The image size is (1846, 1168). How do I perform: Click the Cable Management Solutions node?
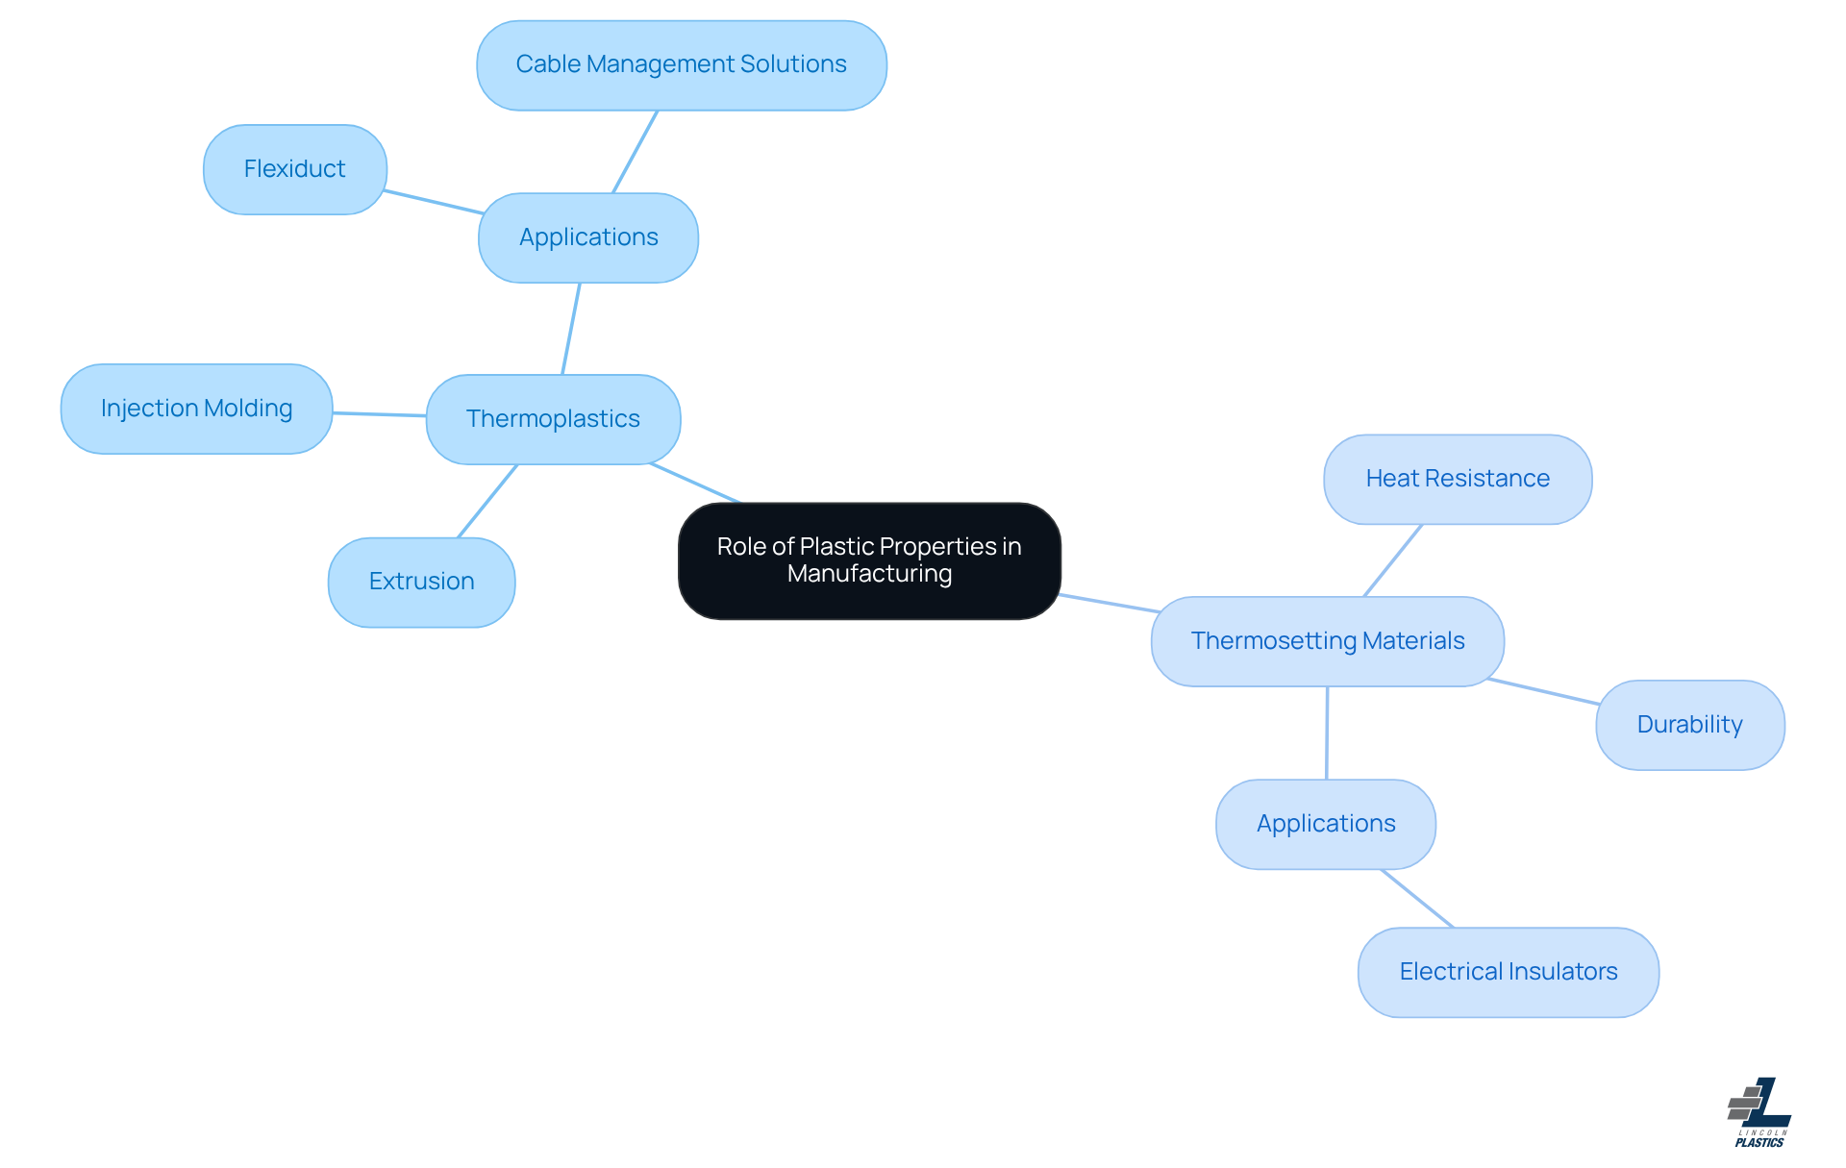[x=681, y=65]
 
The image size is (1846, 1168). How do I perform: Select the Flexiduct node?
[x=294, y=169]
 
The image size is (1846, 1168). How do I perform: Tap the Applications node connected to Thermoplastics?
[x=588, y=237]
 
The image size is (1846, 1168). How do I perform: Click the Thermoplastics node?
[x=553, y=419]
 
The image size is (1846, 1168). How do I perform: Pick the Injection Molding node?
[x=196, y=409]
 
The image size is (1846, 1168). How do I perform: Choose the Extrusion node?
[x=421, y=582]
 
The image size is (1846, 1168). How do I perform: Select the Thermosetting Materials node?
[x=1327, y=641]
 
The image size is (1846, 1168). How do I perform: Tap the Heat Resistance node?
[x=1458, y=479]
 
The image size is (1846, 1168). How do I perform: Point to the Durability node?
[x=1689, y=725]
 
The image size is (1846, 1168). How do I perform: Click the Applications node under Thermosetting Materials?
[x=1326, y=824]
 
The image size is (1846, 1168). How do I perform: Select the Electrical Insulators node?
[x=1508, y=972]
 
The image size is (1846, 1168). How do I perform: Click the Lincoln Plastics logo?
[x=1759, y=1112]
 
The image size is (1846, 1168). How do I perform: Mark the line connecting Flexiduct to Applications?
[x=433, y=202]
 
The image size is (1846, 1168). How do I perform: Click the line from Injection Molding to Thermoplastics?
[x=380, y=414]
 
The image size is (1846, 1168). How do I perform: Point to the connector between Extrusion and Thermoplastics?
[x=487, y=501]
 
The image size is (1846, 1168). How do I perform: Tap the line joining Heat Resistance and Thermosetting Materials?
[x=1392, y=560]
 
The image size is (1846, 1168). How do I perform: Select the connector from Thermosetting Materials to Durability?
[x=1544, y=692]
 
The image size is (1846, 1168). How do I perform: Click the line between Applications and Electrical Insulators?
[x=1417, y=899]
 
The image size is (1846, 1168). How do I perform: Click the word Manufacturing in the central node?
[x=869, y=574]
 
